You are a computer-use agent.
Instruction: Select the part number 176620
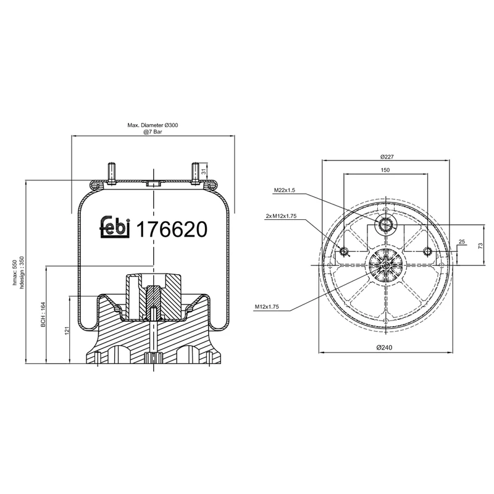coord(171,229)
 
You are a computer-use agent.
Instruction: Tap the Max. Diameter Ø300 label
coord(153,125)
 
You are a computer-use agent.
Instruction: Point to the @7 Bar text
coord(153,133)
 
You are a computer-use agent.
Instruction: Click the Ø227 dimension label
coord(387,156)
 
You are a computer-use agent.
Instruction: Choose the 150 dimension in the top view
coord(385,169)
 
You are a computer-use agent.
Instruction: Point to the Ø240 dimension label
coord(386,348)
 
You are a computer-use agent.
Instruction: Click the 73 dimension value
coord(480,246)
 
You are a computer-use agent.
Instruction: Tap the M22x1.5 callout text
coord(286,191)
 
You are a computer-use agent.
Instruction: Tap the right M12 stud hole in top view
coord(427,251)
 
